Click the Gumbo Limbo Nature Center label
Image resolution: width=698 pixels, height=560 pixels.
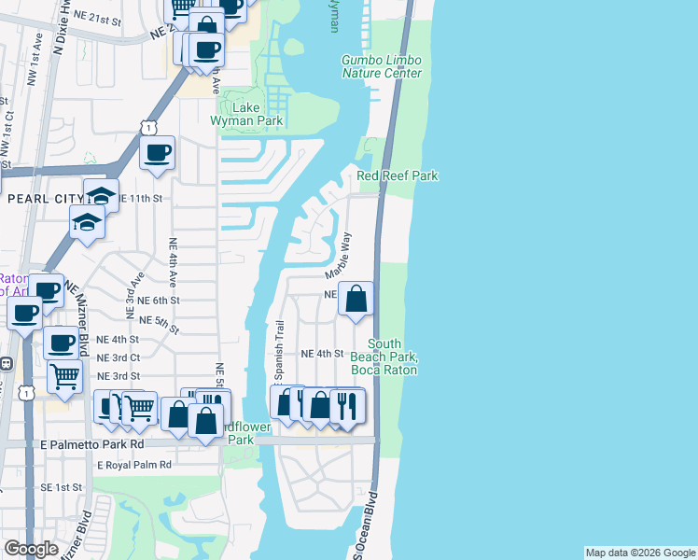pyautogui.click(x=381, y=66)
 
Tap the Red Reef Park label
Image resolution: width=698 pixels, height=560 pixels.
pyautogui.click(x=398, y=175)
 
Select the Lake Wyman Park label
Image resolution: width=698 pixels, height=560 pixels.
pyautogui.click(x=251, y=114)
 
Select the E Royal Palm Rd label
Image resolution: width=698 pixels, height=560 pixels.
pyautogui.click(x=134, y=464)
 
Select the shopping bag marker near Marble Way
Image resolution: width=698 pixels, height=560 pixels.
pyautogui.click(x=356, y=299)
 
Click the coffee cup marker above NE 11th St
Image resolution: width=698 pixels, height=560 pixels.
pyautogui.click(x=157, y=153)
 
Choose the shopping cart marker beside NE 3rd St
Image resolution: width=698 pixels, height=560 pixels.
pyautogui.click(x=64, y=375)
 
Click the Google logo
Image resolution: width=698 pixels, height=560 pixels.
pyautogui.click(x=32, y=549)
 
